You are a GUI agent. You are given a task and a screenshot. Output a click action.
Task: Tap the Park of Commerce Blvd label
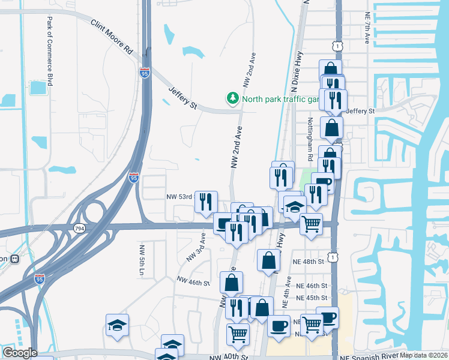coord(50,51)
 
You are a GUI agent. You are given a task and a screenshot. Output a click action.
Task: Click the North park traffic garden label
coord(279,99)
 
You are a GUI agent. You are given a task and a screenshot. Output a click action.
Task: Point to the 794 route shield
coord(79,228)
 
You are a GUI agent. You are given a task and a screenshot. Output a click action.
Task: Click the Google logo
coord(19,353)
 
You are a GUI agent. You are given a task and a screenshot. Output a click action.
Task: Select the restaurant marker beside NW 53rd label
coord(206,202)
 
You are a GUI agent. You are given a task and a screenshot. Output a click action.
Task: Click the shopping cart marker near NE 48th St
coord(311,224)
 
